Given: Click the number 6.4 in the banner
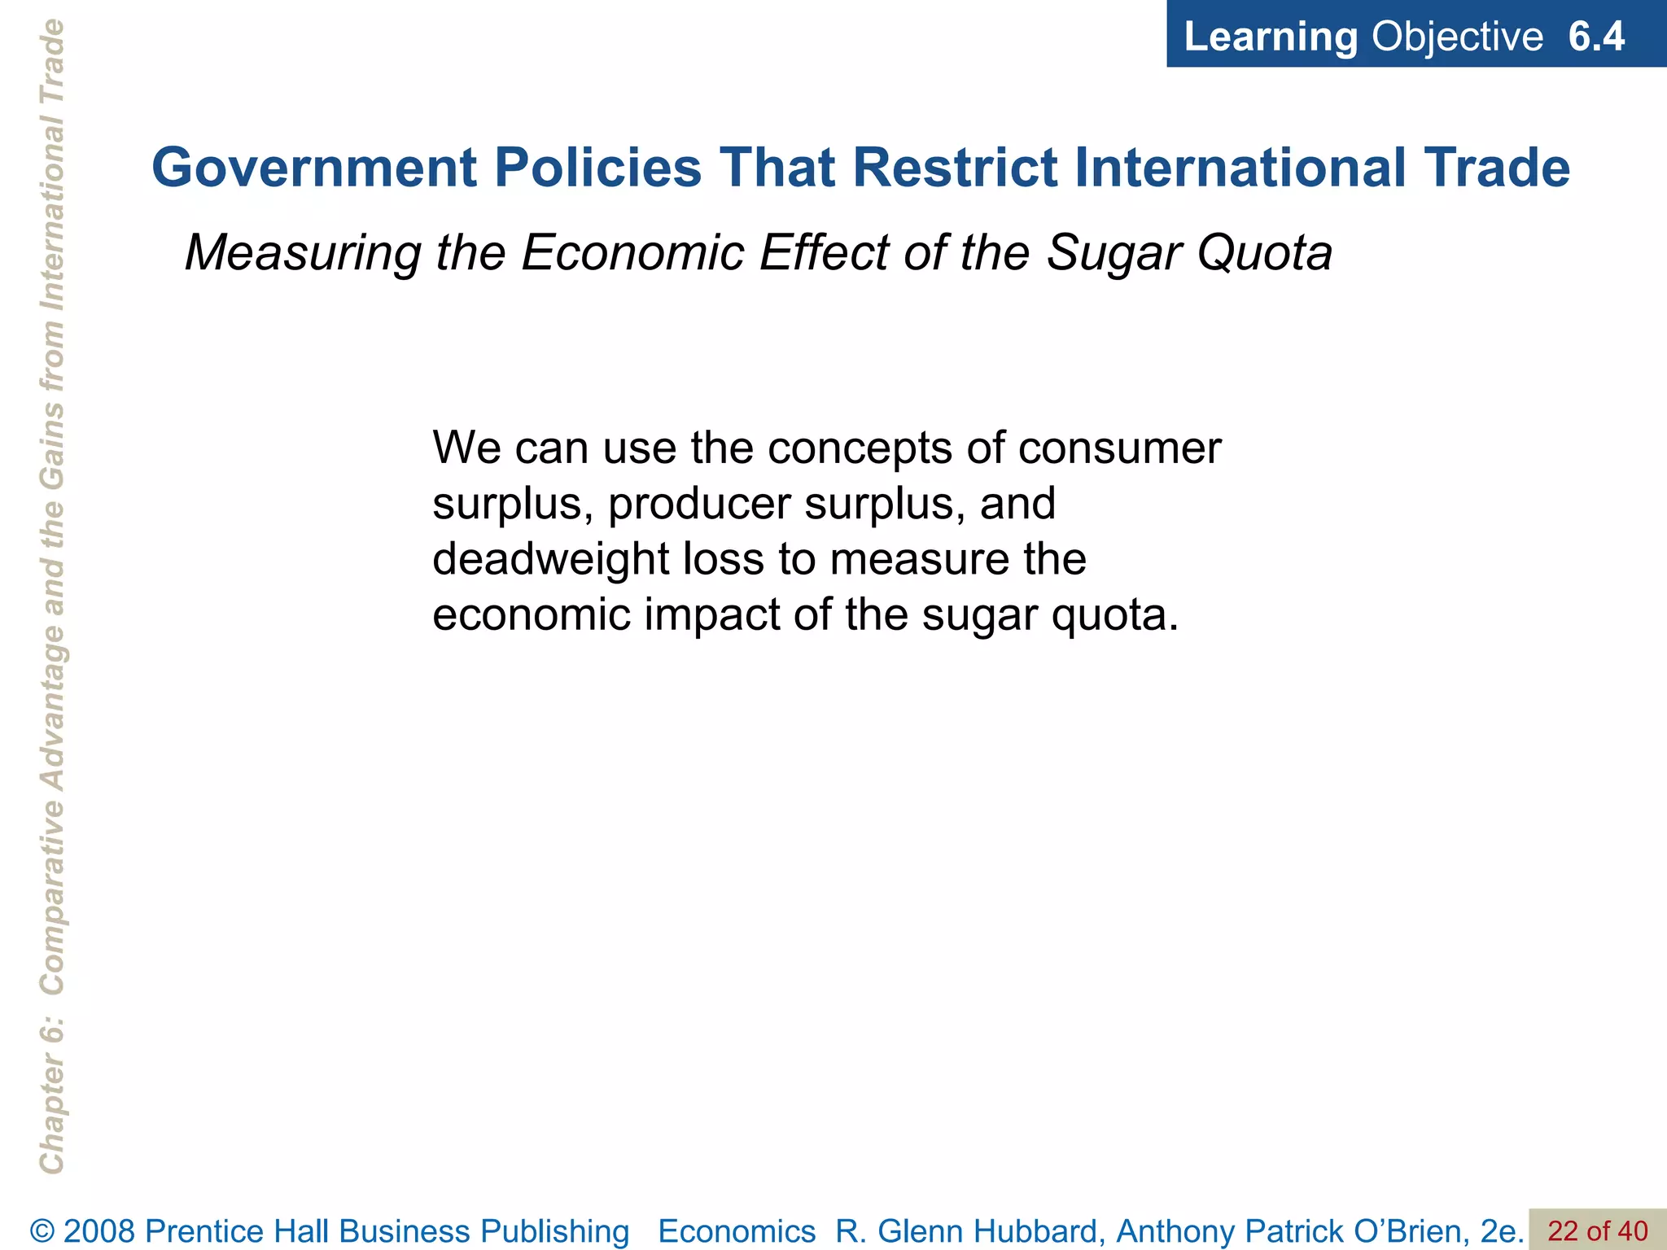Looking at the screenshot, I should pos(1595,37).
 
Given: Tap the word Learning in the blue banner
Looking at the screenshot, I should pos(1270,37).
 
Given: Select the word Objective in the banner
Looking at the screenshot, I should pos(1456,37).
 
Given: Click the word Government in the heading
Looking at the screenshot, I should pos(314,168).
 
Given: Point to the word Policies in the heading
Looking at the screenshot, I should pos(597,168).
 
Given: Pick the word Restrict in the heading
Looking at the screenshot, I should pos(956,168).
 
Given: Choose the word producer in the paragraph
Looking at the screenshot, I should pos(699,505).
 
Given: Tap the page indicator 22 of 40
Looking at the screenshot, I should pos(1597,1231).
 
